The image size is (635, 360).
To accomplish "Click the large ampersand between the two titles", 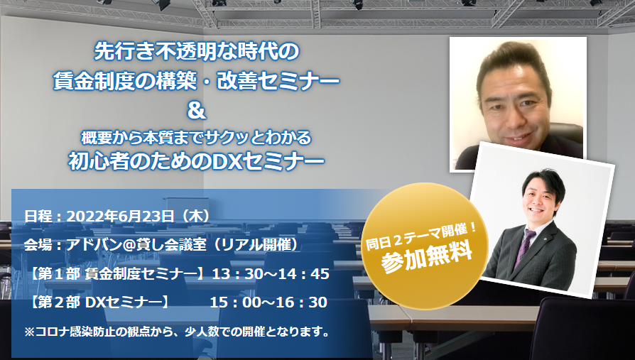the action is point(197,111).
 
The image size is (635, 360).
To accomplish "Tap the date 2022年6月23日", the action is point(120,217).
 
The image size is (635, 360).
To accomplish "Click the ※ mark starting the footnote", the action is point(30,332).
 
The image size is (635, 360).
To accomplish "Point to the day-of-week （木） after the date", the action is point(197,217).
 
